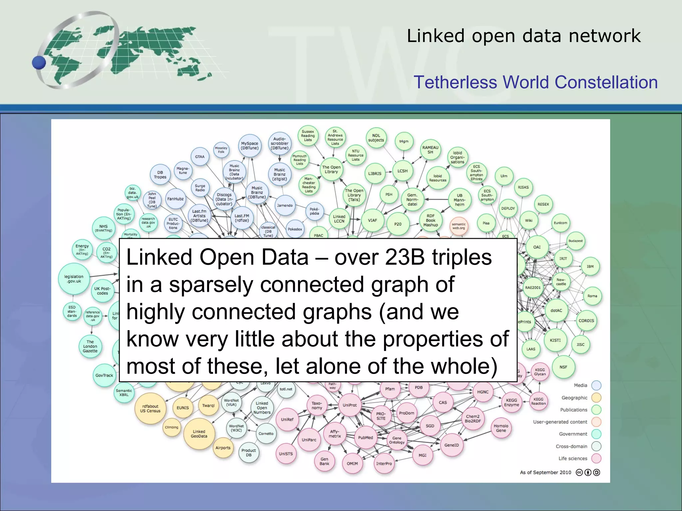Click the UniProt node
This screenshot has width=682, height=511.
(x=350, y=405)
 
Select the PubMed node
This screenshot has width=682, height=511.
(x=365, y=437)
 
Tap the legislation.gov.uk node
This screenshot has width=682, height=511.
(x=74, y=279)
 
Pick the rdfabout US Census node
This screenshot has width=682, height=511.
(x=150, y=409)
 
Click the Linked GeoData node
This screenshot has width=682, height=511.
(x=199, y=434)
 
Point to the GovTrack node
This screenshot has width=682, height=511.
(x=104, y=375)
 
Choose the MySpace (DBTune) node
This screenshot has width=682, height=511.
(x=250, y=146)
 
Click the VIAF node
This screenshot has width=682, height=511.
(x=372, y=220)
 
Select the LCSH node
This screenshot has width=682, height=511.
(x=402, y=171)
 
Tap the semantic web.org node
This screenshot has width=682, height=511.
(x=459, y=226)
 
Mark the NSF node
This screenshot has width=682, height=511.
(x=563, y=367)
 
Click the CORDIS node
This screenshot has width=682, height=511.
(x=586, y=321)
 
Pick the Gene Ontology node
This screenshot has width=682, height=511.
(x=397, y=440)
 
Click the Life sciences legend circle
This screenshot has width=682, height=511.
(x=596, y=458)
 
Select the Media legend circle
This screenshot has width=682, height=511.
(x=596, y=385)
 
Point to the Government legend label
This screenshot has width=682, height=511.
(x=573, y=434)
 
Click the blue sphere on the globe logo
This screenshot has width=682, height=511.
(x=39, y=63)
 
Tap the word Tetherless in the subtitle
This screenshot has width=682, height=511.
(x=455, y=82)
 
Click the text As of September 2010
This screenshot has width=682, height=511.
(x=545, y=472)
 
